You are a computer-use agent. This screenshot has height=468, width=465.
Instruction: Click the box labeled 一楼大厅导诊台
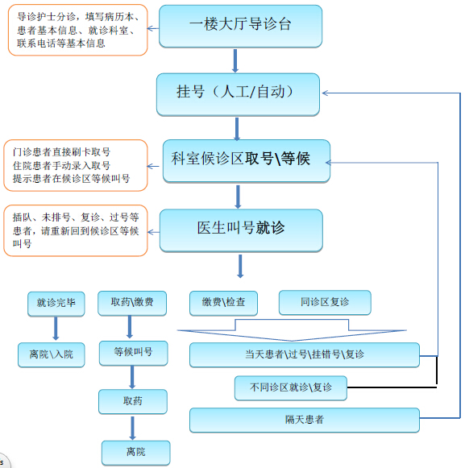click(x=240, y=27)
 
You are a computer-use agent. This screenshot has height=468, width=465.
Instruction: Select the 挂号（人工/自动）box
click(x=238, y=94)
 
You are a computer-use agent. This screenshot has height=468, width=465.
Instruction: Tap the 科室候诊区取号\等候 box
click(x=247, y=161)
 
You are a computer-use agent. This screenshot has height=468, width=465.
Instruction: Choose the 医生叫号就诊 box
click(x=241, y=230)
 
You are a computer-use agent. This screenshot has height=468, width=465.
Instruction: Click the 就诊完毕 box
click(x=56, y=304)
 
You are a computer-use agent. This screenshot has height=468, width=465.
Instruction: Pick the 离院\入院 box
click(x=51, y=354)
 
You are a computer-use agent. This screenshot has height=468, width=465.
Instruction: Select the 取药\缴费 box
click(x=132, y=303)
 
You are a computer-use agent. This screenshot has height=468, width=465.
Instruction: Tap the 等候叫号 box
click(x=133, y=353)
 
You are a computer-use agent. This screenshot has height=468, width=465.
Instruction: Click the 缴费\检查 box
click(x=223, y=303)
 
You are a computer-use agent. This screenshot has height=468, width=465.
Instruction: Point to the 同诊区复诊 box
click(x=325, y=303)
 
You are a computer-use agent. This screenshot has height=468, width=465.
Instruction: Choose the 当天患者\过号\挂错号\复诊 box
click(x=305, y=355)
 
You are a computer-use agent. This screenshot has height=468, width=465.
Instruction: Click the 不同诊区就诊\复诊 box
click(x=291, y=388)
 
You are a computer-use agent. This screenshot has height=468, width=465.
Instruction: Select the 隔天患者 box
click(x=305, y=420)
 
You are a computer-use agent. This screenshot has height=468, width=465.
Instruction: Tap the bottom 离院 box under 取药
click(x=136, y=453)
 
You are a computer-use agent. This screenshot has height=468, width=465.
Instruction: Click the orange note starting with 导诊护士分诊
click(x=77, y=30)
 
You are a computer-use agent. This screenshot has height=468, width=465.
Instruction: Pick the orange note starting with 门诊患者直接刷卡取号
click(x=76, y=165)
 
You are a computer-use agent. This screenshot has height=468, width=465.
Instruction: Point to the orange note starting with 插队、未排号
click(x=76, y=230)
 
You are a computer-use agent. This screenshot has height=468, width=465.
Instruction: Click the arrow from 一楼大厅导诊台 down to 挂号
click(x=235, y=61)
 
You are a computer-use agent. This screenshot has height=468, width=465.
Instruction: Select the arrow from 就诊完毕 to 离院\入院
click(x=56, y=329)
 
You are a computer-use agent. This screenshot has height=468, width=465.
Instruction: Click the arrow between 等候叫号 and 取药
click(x=132, y=377)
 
